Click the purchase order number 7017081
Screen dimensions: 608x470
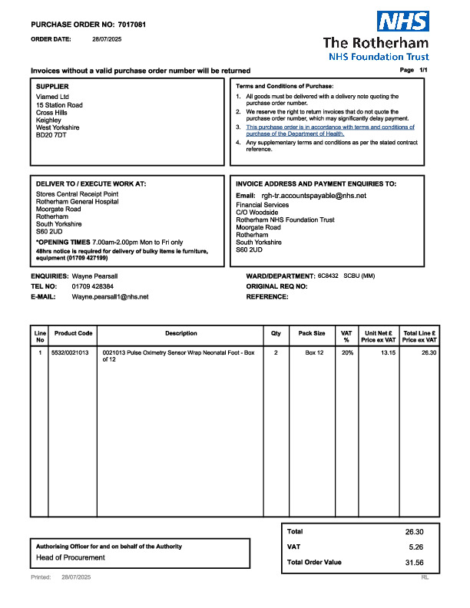coord(131,25)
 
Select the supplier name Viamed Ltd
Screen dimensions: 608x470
coord(53,97)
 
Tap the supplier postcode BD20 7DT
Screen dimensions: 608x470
coord(51,135)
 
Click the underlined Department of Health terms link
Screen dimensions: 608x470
coord(329,131)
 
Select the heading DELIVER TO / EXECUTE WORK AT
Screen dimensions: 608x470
coord(91,184)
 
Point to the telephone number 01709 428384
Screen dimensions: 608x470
coord(93,286)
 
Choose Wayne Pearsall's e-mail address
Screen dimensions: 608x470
coord(110,296)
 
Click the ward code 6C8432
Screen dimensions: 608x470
coord(327,276)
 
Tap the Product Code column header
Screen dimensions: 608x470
coord(74,334)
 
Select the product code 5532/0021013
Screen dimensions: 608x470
coord(70,352)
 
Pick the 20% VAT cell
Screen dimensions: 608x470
coord(348,352)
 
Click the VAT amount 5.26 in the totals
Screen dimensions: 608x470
coord(415,547)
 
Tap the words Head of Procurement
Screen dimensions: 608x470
coord(71,557)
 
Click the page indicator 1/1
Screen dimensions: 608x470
coord(422,70)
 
